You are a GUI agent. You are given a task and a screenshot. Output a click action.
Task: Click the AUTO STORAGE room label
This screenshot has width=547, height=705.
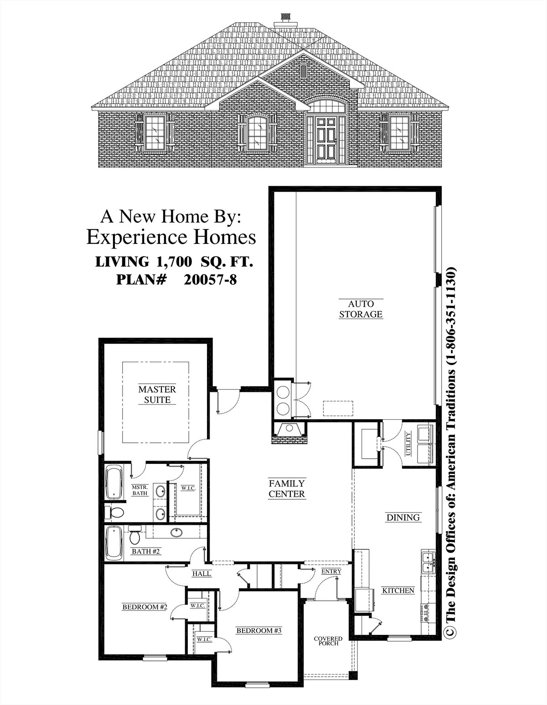tap(361, 309)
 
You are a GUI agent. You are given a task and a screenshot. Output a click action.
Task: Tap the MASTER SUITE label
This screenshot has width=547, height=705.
tap(157, 394)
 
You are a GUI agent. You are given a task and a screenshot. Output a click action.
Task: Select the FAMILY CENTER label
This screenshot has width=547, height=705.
tap(287, 489)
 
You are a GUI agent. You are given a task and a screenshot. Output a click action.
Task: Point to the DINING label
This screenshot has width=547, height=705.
tap(403, 517)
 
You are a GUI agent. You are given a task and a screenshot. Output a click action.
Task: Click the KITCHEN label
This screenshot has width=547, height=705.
tap(398, 590)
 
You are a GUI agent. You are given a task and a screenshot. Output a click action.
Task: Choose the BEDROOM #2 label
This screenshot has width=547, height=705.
tap(144, 607)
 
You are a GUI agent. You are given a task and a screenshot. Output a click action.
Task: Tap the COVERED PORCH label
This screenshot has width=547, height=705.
tap(328, 641)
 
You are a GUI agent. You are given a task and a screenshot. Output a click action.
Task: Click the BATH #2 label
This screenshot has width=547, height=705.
tap(145, 551)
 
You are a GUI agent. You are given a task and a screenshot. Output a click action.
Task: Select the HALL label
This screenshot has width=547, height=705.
tap(202, 573)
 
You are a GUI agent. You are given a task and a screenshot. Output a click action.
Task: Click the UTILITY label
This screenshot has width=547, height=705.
tap(408, 443)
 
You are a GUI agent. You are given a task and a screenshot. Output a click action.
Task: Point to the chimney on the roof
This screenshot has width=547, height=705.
tap(286, 20)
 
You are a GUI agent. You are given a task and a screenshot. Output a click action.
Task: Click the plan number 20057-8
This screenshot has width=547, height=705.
tap(210, 279)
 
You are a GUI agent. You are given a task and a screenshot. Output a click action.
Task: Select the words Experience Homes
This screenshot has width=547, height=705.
tap(171, 237)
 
